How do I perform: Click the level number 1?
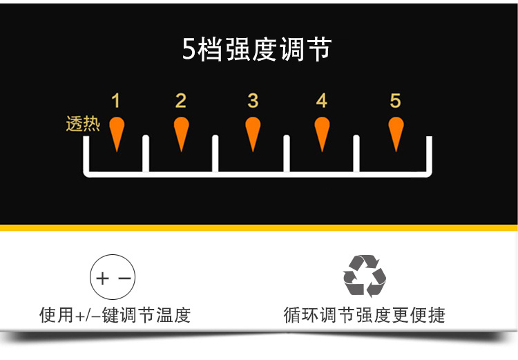(x=115, y=101)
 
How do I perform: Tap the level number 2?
(x=181, y=101)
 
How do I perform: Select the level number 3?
(x=253, y=101)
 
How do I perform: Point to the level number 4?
(x=321, y=101)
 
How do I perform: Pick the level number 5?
(x=395, y=101)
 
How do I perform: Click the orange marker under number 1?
(x=117, y=132)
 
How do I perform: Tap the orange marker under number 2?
(x=182, y=132)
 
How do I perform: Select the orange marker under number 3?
(x=253, y=132)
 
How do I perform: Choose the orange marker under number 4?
(x=322, y=132)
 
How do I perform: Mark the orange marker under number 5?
(x=396, y=132)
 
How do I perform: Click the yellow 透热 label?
(x=83, y=124)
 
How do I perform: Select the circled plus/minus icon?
(x=113, y=279)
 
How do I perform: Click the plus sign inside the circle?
(x=104, y=279)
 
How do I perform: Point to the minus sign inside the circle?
(x=124, y=279)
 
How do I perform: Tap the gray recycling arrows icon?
(x=365, y=276)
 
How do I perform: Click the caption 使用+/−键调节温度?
(x=115, y=316)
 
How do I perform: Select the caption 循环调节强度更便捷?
(x=365, y=316)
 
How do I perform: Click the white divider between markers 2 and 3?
(x=215, y=153)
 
